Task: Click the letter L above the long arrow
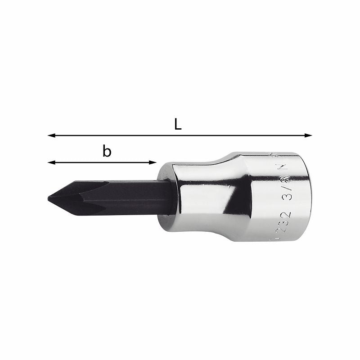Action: [x=178, y=125]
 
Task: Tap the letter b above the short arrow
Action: [x=107, y=152]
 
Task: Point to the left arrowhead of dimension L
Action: [x=51, y=135]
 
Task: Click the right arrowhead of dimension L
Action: [x=309, y=135]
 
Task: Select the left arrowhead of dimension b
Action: [x=51, y=162]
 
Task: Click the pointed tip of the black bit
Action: [x=49, y=197]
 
